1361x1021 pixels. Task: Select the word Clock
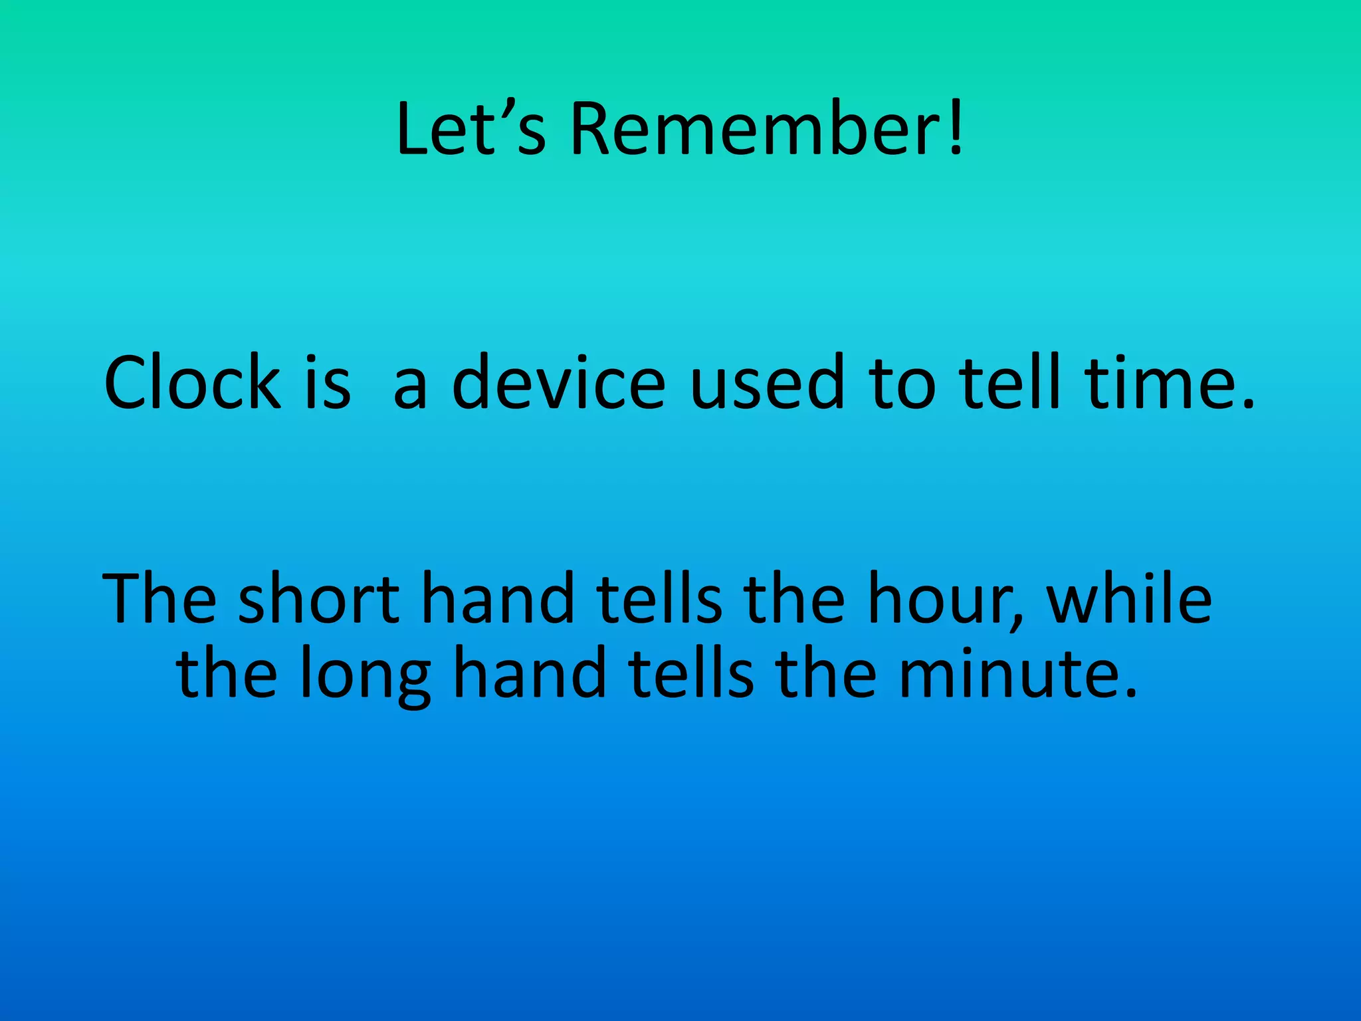pyautogui.click(x=192, y=382)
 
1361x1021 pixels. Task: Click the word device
pyautogui.click(x=558, y=382)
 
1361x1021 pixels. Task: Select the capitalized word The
pyautogui.click(x=159, y=598)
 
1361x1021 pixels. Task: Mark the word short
pyautogui.click(x=319, y=598)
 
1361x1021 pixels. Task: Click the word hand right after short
pyautogui.click(x=498, y=598)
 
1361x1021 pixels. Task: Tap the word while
pyautogui.click(x=1129, y=598)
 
